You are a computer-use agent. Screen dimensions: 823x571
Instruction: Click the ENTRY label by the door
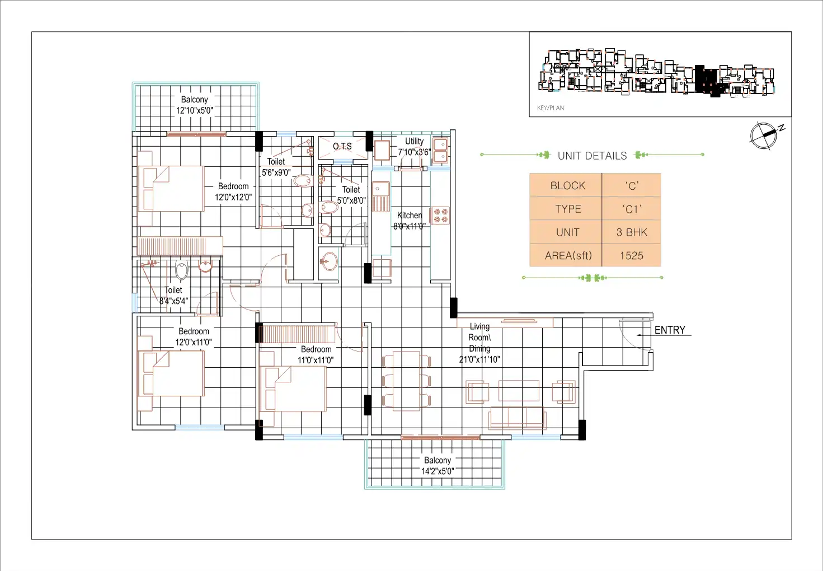[670, 330]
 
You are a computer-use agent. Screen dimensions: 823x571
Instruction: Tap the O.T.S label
[342, 146]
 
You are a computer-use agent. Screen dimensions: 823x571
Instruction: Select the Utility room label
[414, 141]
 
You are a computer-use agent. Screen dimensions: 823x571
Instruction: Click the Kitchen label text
[410, 215]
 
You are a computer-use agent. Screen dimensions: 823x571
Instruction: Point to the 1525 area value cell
[631, 255]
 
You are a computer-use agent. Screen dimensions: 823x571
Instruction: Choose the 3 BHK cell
[631, 232]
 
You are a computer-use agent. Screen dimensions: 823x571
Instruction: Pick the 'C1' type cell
[631, 209]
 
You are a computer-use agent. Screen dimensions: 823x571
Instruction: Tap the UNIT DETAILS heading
[592, 156]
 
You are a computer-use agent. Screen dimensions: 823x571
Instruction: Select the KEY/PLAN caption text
[551, 107]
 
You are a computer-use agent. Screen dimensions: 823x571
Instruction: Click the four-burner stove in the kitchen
[440, 216]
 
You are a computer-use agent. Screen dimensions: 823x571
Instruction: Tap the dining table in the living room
[406, 381]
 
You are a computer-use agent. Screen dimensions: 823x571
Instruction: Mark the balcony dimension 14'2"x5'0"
[437, 471]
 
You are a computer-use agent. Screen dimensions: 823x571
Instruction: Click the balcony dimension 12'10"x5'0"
[194, 110]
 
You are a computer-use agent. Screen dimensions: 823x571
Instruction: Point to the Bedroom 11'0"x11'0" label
[316, 354]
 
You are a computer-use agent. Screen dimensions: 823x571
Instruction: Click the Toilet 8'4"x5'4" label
[173, 295]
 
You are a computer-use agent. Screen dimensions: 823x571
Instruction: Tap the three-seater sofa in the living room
[517, 417]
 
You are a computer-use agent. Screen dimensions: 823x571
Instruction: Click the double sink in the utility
[440, 151]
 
